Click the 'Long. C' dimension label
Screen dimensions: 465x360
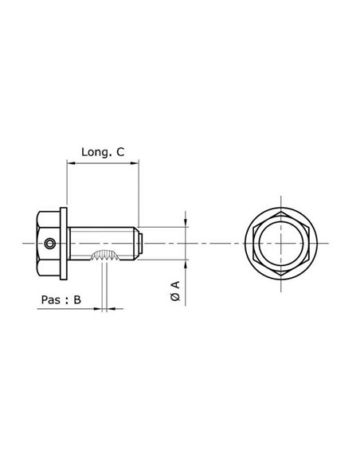click(103, 150)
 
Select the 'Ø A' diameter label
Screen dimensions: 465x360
click(175, 290)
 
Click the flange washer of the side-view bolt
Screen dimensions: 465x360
click(65, 243)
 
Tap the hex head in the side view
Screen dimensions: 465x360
click(49, 243)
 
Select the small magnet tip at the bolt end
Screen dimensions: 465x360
click(141, 243)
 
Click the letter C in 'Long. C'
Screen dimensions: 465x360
click(120, 150)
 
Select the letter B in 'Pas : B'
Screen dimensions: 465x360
click(76, 299)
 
